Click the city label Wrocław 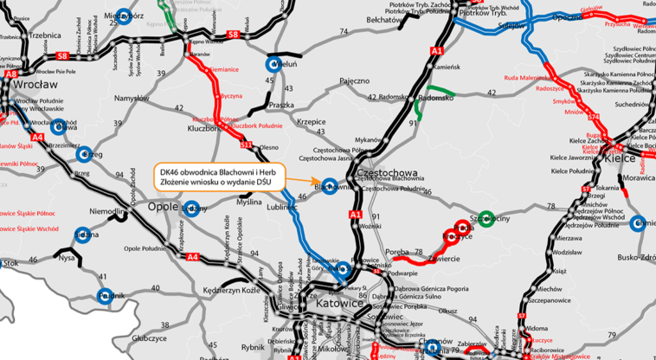[x=35, y=85]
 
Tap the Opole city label [x=164, y=208]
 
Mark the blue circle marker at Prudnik [x=105, y=295]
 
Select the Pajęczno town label [x=355, y=80]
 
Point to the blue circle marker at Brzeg [x=84, y=155]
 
